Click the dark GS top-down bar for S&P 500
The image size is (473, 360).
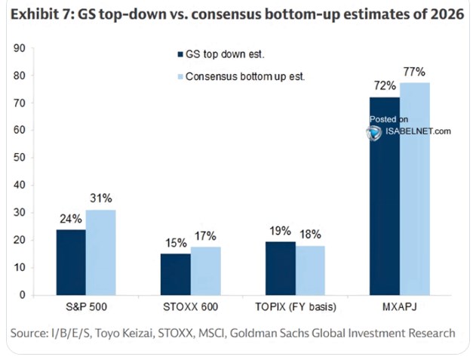coord(71,262)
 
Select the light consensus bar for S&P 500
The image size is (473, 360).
coord(101,253)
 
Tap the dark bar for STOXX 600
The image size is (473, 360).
coord(176,274)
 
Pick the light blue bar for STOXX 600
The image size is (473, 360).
coord(206,271)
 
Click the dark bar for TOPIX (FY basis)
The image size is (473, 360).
coord(281,268)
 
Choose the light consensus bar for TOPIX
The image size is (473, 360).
coord(310,270)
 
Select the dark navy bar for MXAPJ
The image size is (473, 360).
coord(385,196)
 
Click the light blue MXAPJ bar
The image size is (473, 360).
coord(415,189)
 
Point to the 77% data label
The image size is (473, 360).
coord(414,72)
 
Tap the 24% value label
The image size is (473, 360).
coord(71,219)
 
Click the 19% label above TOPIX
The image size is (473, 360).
coord(280,231)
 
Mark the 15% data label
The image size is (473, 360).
coord(176,243)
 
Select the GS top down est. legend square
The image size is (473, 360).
coord(180,54)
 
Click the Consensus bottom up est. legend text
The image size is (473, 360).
coord(245,76)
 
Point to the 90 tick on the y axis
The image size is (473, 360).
coord(20,48)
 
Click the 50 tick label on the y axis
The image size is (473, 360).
coord(20,158)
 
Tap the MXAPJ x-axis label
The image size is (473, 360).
coord(400,307)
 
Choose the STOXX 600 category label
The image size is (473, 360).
coord(190,307)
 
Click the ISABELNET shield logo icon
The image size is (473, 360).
coord(374,133)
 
